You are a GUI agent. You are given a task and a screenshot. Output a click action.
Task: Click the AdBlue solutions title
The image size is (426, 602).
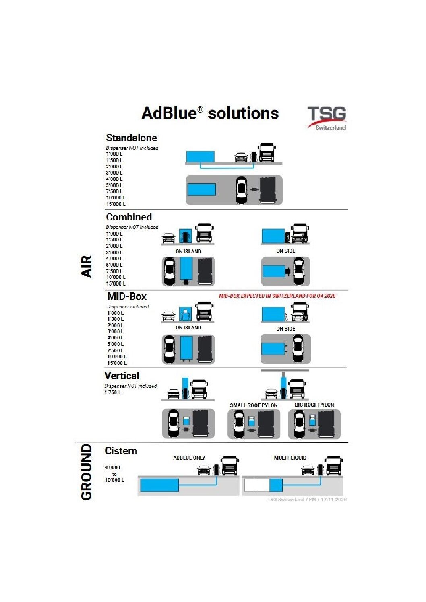pyautogui.click(x=210, y=113)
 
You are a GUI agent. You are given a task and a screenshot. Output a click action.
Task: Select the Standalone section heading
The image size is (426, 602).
pyautogui.click(x=131, y=138)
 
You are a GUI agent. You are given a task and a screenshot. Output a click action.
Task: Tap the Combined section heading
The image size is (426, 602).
pyautogui.click(x=129, y=217)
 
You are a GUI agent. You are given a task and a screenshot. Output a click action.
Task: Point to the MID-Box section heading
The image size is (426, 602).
pyautogui.click(x=127, y=297)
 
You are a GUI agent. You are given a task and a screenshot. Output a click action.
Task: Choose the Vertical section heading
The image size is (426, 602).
pyautogui.click(x=122, y=376)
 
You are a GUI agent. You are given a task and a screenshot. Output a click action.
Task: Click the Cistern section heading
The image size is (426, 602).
pyautogui.click(x=121, y=451)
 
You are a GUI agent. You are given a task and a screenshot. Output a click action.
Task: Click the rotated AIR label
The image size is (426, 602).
pyautogui.click(x=87, y=266)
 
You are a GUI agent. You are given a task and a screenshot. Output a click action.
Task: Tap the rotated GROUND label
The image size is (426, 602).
pyautogui.click(x=86, y=472)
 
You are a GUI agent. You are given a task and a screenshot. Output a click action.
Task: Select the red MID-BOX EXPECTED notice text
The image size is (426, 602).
pyautogui.click(x=277, y=296)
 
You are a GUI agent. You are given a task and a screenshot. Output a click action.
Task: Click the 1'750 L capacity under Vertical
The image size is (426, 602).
pyautogui.click(x=113, y=392)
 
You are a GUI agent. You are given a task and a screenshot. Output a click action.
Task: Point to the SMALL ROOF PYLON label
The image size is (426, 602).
pyautogui.click(x=254, y=405)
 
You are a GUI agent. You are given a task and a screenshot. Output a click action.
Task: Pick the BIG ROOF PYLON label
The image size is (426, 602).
pyautogui.click(x=314, y=405)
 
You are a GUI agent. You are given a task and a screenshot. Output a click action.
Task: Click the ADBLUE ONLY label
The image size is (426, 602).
pyautogui.click(x=189, y=458)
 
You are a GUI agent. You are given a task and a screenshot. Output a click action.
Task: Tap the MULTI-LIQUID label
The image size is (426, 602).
pyautogui.click(x=290, y=458)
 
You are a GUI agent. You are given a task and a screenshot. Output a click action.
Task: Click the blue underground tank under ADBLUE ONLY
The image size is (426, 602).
pyautogui.click(x=159, y=485)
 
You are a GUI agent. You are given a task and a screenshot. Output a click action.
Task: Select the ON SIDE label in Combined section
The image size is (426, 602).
pyautogui.click(x=285, y=251)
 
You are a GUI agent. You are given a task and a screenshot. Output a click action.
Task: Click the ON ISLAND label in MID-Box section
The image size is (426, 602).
pyautogui.click(x=188, y=328)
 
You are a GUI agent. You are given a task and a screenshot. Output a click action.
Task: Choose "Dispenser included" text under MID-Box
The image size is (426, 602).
pyautogui.click(x=128, y=307)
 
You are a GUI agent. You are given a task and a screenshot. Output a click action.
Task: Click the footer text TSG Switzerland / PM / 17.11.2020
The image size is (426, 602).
pyautogui.click(x=306, y=500)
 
